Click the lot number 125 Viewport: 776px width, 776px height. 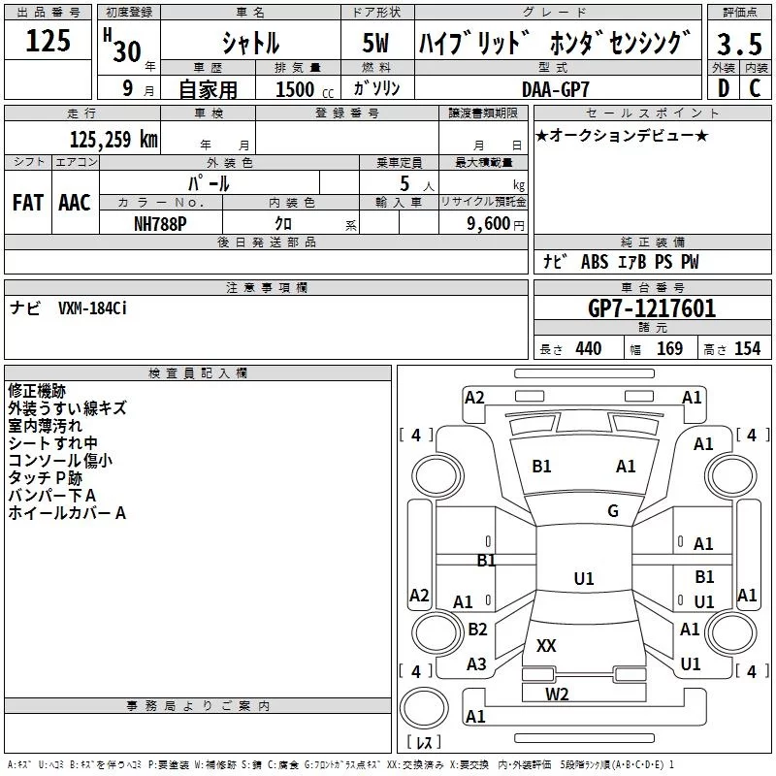(x=48, y=41)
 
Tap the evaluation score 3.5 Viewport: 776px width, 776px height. (x=739, y=44)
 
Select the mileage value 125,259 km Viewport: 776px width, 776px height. (x=113, y=139)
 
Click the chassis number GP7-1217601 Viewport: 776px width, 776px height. (x=652, y=309)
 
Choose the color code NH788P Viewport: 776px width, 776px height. (x=161, y=222)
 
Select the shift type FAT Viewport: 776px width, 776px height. (x=27, y=203)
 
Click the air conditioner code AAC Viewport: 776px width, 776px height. (x=74, y=203)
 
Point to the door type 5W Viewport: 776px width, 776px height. (x=378, y=44)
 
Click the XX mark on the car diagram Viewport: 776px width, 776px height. (x=546, y=645)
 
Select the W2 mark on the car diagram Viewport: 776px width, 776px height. (x=557, y=694)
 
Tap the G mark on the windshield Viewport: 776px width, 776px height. (x=612, y=511)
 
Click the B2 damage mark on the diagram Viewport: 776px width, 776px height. (x=477, y=630)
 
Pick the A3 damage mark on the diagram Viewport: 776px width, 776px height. (x=476, y=664)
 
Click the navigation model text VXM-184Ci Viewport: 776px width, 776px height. (x=93, y=307)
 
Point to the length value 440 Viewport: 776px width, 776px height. (x=588, y=349)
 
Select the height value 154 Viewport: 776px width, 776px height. (x=747, y=349)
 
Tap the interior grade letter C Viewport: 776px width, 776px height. (x=755, y=88)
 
